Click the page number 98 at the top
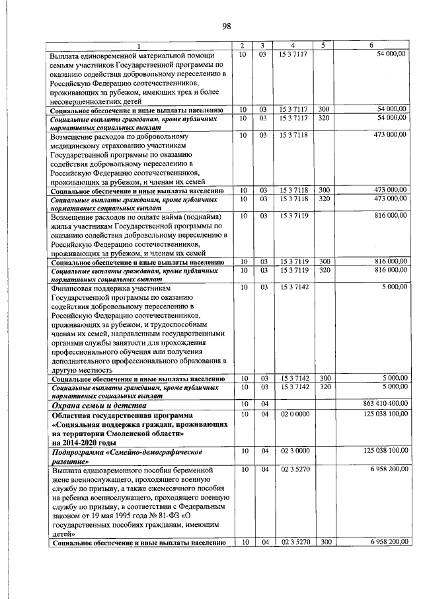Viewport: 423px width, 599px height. (226, 26)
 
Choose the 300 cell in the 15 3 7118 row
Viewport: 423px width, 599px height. (324, 190)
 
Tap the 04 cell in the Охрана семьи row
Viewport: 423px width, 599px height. (262, 404)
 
